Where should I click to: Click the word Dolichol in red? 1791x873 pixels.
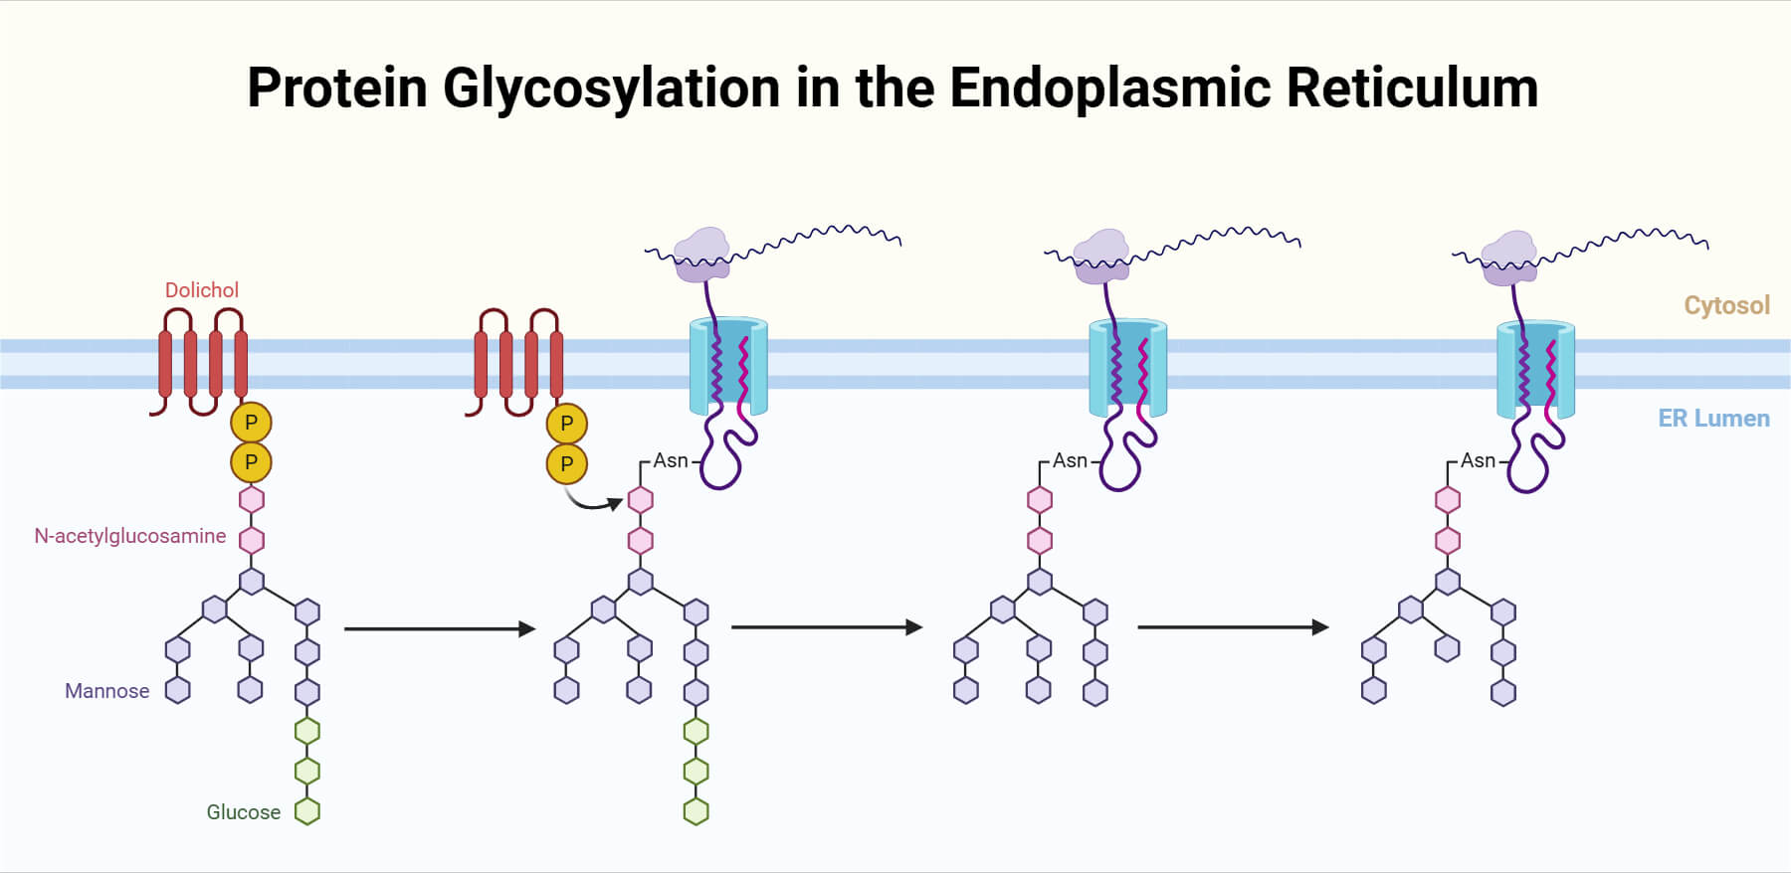(x=202, y=290)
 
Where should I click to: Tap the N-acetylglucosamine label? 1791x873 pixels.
(x=130, y=536)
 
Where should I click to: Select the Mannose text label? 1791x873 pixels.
(x=107, y=691)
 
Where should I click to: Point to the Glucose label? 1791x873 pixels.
(x=244, y=812)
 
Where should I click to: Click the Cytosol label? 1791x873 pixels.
(x=1726, y=305)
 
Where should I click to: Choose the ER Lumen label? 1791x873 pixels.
(x=1713, y=419)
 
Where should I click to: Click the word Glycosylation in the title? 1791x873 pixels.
(x=612, y=88)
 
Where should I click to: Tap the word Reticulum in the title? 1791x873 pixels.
(x=1412, y=88)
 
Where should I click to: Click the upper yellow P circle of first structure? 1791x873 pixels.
(x=251, y=423)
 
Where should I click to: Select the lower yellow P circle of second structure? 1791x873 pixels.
(x=567, y=463)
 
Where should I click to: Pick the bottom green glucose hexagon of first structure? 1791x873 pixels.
(x=307, y=811)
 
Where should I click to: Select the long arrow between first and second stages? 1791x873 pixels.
(x=439, y=628)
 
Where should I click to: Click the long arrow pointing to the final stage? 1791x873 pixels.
(x=1232, y=627)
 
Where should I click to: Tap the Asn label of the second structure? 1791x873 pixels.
(x=671, y=461)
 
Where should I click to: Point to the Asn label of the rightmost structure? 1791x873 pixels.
(x=1478, y=461)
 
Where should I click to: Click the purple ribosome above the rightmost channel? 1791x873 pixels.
(x=1508, y=257)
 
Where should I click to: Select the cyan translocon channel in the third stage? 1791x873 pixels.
(x=1128, y=367)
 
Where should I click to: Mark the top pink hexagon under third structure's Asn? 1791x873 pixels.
(x=1040, y=499)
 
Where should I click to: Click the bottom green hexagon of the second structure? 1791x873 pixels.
(x=696, y=811)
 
